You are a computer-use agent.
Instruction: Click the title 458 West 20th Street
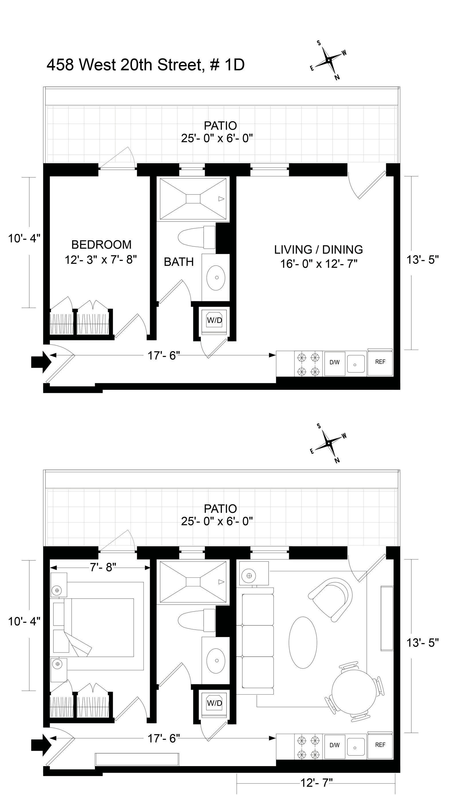pos(124,65)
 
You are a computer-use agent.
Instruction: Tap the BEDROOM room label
pos(101,244)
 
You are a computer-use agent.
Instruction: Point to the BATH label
pos(179,262)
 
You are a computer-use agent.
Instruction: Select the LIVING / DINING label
pos(318,249)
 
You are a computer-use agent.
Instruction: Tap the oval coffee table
pos(303,642)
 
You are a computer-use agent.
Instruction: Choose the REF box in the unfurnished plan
pos(380,362)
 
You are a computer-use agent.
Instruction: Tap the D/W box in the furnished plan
pos(334,745)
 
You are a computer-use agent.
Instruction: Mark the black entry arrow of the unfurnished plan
pos(41,362)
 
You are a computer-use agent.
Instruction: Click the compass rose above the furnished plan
pos(328,443)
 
